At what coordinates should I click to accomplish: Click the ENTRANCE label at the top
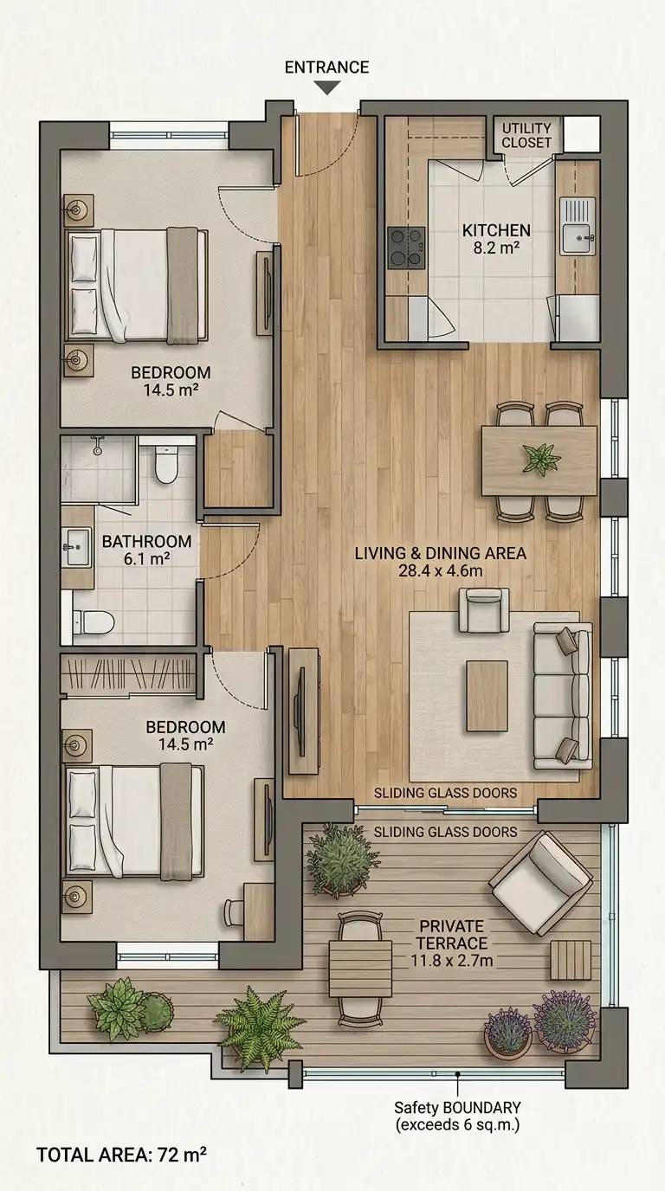click(326, 67)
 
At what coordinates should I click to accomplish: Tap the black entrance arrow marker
click(326, 87)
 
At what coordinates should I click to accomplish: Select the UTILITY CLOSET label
click(526, 136)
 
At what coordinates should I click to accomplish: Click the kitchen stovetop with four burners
click(406, 248)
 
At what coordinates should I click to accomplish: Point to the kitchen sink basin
click(576, 239)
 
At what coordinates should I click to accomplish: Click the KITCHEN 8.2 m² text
click(496, 239)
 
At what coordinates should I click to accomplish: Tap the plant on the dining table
click(541, 459)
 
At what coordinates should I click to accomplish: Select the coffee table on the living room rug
click(487, 696)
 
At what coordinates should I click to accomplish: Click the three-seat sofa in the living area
click(563, 697)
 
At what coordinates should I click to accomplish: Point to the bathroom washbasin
click(76, 547)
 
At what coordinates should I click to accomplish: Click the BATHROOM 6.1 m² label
click(146, 550)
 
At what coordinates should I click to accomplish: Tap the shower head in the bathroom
click(97, 447)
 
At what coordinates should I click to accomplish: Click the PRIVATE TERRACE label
click(452, 934)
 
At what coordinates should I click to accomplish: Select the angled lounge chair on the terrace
click(541, 883)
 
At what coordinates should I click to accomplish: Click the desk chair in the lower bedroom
click(232, 912)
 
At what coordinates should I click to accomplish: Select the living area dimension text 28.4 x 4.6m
click(441, 571)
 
